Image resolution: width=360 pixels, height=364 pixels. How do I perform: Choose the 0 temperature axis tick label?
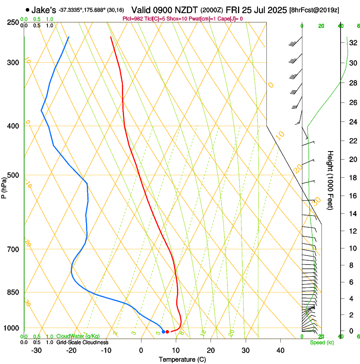pos(141,350)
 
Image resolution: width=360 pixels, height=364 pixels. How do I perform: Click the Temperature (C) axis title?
pos(182,360)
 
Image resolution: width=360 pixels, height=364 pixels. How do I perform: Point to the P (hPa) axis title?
pos(5,186)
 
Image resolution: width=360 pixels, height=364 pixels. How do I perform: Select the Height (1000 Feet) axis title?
pos(330,180)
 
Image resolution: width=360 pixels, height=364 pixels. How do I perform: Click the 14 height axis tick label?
pos(352,214)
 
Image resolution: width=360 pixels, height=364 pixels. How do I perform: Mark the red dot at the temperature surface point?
pos(167,332)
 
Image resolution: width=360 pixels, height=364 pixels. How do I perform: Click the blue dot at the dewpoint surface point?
pos(163,332)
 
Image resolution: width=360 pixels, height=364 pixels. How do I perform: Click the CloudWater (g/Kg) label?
pos(78,336)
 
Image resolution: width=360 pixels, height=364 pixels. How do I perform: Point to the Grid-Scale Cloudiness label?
pos(82,342)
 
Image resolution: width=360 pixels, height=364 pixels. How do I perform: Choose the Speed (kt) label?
pos(321,342)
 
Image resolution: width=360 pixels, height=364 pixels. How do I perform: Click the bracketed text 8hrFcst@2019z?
pos(314,10)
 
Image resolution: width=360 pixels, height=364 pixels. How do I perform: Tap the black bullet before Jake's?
pos(28,10)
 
